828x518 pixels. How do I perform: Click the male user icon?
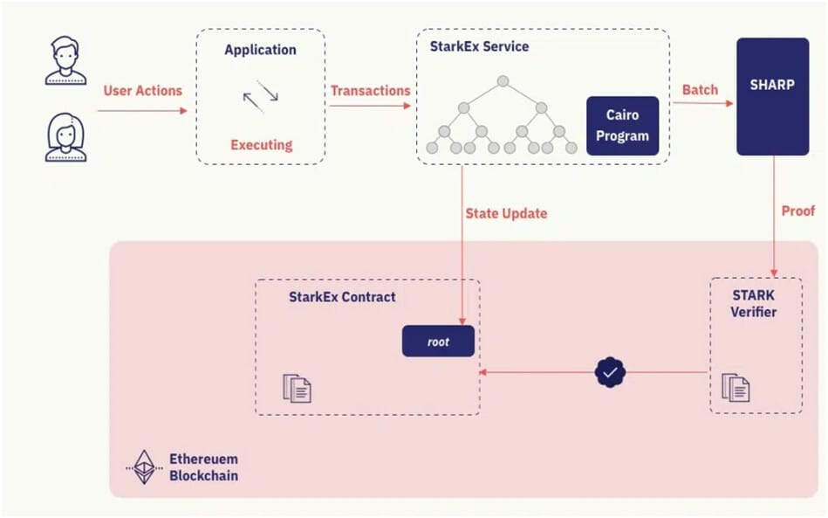click(66, 60)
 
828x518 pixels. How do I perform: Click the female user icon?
click(66, 139)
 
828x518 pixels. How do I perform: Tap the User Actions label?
click(143, 91)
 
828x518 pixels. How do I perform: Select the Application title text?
click(260, 50)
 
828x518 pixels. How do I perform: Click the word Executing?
click(261, 145)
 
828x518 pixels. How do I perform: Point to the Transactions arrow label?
click(370, 91)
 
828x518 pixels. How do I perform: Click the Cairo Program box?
click(622, 126)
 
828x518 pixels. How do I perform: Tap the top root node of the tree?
click(503, 81)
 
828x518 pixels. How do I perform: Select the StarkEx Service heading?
click(479, 46)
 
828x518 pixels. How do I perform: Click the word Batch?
click(700, 89)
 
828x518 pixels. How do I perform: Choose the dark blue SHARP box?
click(770, 96)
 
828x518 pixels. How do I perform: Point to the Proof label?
click(797, 211)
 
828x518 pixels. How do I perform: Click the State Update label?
click(506, 213)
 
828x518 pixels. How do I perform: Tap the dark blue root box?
click(438, 342)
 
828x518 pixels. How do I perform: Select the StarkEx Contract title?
click(342, 297)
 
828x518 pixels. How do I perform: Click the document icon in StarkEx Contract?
click(297, 388)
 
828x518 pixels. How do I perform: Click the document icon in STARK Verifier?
click(736, 387)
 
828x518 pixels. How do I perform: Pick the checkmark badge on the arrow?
click(610, 372)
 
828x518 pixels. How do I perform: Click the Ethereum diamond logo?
click(143, 467)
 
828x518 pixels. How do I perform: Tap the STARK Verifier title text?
click(755, 303)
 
